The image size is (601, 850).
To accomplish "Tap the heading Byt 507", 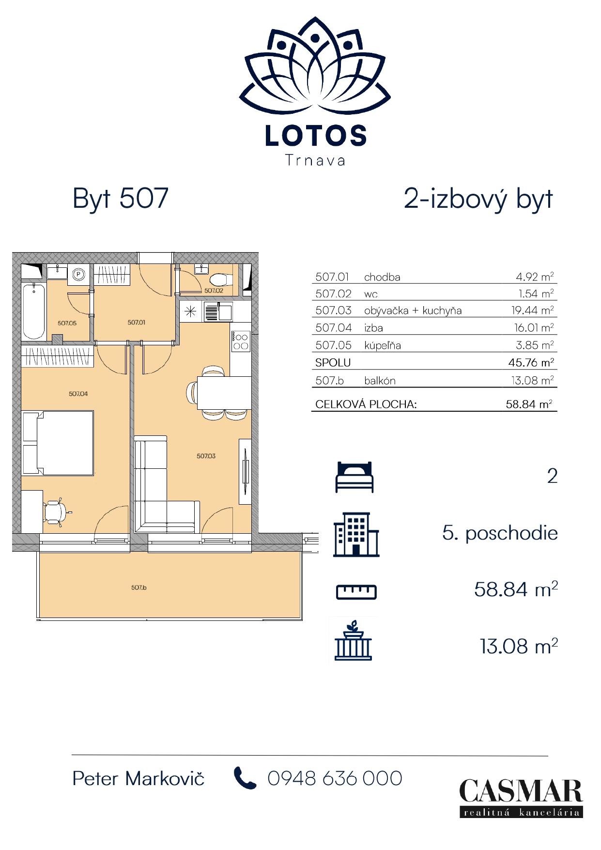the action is point(120,198).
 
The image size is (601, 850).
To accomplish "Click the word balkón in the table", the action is point(380,381).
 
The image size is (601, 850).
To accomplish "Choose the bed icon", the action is point(355,477).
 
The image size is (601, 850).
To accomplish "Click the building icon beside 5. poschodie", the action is point(356,535).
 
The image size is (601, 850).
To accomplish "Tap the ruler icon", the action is point(356,592).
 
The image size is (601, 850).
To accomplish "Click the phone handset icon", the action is point(245,778).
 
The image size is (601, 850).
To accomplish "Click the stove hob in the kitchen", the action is point(241,341).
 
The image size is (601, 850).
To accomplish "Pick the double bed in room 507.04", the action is point(58,443).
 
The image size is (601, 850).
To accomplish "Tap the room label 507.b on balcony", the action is point(139,587).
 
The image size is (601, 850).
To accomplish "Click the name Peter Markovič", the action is point(139,779).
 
